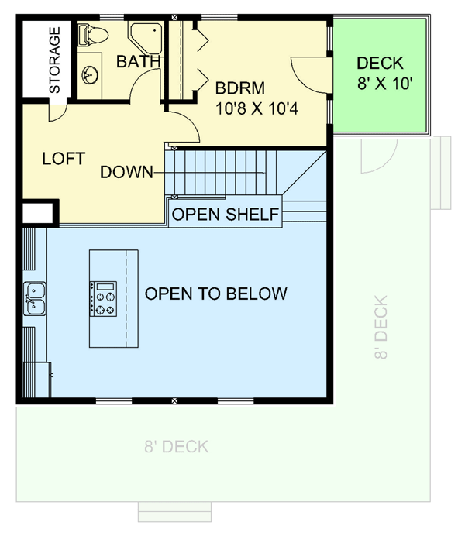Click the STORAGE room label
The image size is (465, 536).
[54, 60]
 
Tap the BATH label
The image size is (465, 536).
[139, 61]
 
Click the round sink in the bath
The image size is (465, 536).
[91, 74]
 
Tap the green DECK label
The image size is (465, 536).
[379, 64]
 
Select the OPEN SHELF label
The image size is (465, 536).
[224, 215]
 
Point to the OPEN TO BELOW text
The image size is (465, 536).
[216, 294]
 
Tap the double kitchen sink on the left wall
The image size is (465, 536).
[35, 299]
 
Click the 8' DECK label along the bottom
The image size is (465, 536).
[176, 447]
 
